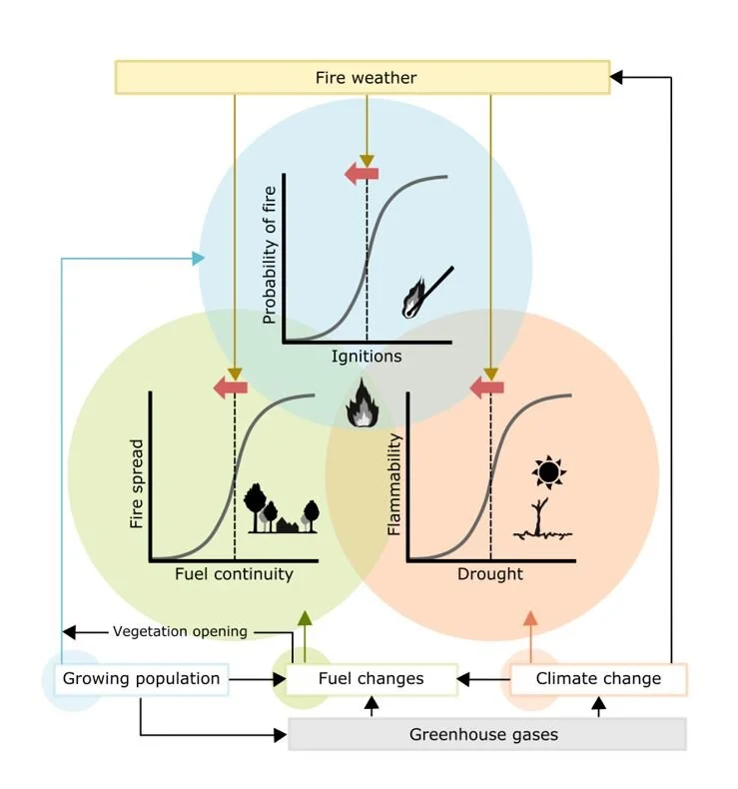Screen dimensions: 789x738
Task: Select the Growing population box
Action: (141, 679)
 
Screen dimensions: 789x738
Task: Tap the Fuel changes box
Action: (370, 679)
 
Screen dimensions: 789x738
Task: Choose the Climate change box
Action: (598, 679)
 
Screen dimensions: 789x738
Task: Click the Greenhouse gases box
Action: (486, 734)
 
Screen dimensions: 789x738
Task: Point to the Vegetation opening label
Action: (180, 631)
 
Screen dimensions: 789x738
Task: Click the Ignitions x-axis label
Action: (367, 356)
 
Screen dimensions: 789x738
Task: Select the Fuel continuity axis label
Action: (234, 574)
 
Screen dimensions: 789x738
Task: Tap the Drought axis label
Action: (489, 574)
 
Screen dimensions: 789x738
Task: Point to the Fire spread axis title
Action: (137, 485)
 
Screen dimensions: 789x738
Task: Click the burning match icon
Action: (424, 292)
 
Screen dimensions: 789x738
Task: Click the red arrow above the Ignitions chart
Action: (361, 174)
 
